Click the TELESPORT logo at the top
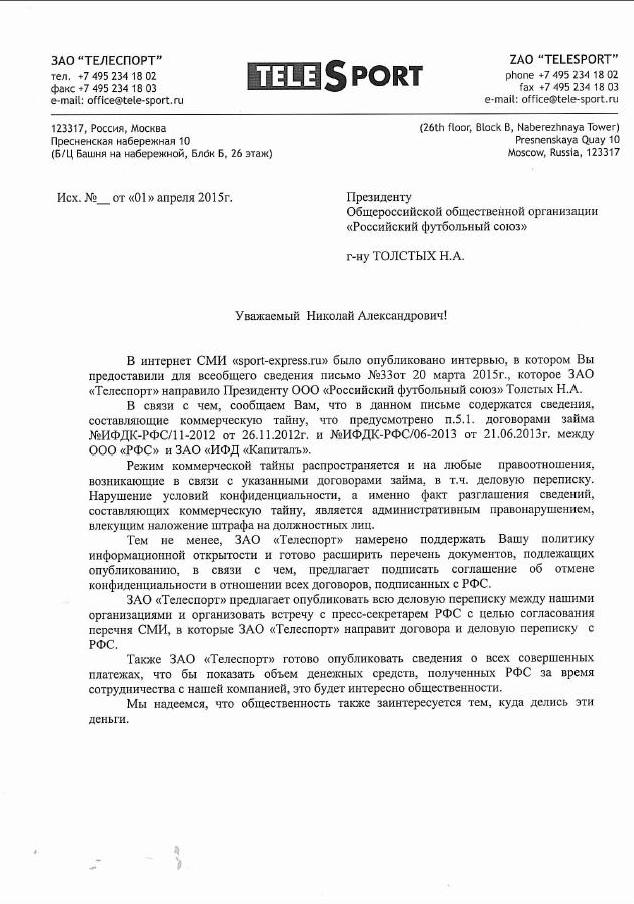[334, 76]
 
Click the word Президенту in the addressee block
[379, 198]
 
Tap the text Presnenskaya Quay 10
[561, 141]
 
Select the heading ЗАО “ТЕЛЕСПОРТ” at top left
[106, 61]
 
